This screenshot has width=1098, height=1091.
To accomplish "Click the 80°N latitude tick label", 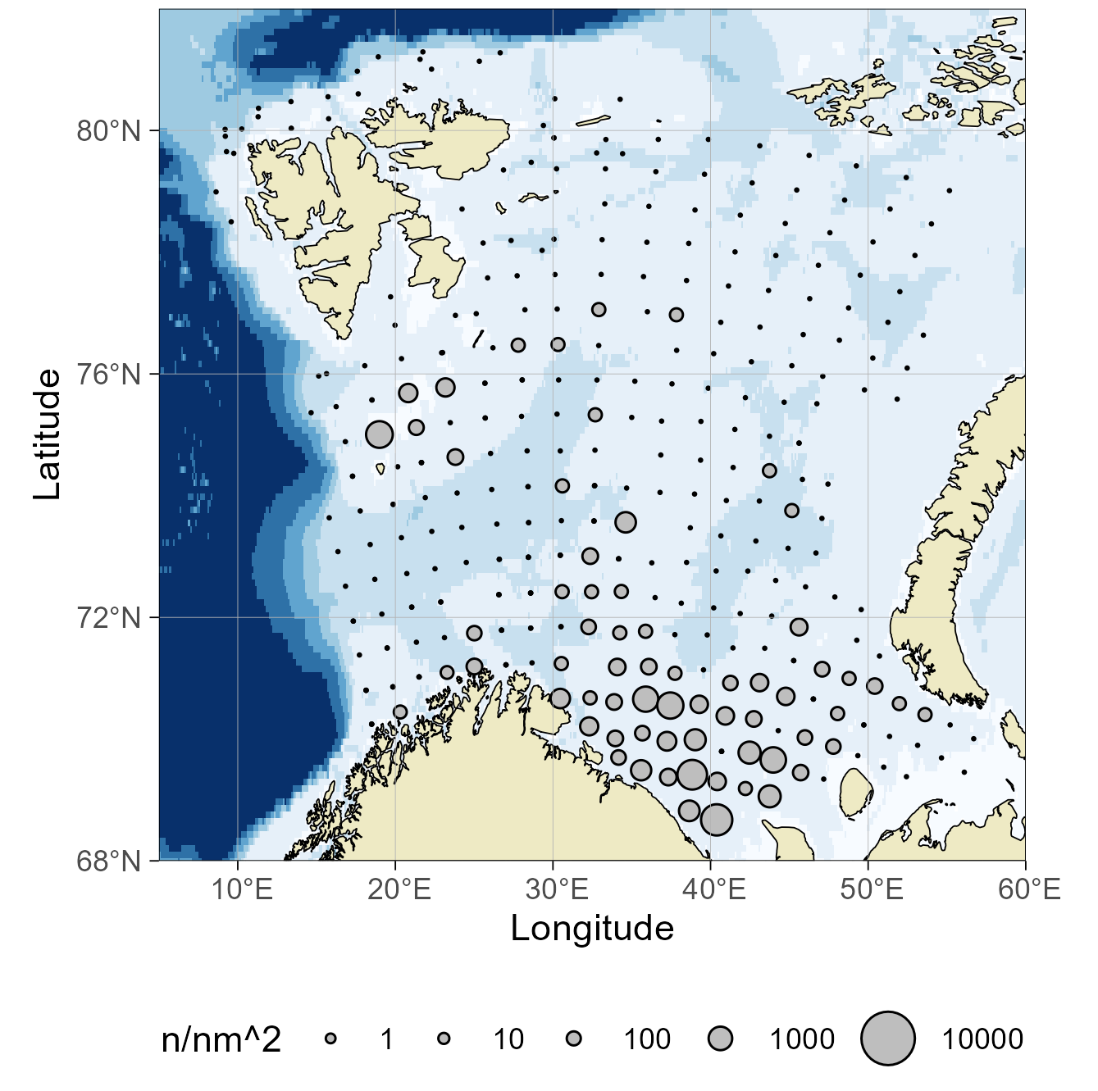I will tap(109, 130).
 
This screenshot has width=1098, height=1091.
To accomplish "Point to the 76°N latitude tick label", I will tap(109, 375).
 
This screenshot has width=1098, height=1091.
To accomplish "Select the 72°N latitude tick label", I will tap(109, 617).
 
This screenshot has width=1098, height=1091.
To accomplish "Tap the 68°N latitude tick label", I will tap(109, 861).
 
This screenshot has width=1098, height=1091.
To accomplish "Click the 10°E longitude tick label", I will tap(243, 889).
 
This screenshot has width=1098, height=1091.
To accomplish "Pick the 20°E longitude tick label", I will tap(399, 889).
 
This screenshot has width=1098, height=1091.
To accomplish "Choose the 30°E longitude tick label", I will tap(557, 889).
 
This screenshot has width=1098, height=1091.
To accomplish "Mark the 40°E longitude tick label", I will tap(714, 889).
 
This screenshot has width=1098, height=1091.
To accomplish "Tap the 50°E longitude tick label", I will tap(872, 889).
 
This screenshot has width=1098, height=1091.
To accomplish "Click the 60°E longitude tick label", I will tap(1029, 889).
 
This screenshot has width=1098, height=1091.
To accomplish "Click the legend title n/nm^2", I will tap(221, 1039).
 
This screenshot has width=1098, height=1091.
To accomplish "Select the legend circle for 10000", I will tap(887, 1039).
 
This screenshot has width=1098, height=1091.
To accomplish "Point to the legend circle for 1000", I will tap(720, 1039).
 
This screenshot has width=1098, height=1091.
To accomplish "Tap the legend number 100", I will tap(647, 1039).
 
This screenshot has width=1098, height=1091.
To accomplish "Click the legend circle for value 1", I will tap(330, 1039).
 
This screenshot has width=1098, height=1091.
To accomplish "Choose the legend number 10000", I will tap(982, 1039).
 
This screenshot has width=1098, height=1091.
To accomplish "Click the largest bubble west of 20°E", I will tap(380, 434).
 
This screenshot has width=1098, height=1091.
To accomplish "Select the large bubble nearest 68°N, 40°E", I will tap(717, 818).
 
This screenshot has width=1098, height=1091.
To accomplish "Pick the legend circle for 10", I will tap(444, 1039).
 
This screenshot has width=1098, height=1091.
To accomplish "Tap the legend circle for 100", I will tap(574, 1039).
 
